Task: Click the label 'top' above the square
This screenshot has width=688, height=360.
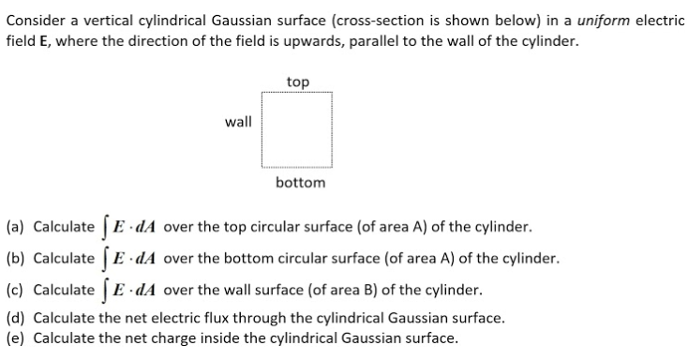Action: (298, 82)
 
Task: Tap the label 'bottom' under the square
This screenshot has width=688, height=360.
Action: (300, 183)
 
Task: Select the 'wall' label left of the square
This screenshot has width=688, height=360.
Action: (238, 121)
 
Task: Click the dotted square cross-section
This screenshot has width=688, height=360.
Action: (299, 132)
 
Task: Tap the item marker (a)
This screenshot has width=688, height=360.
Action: (15, 228)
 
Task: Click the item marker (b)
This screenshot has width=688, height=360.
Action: (15, 258)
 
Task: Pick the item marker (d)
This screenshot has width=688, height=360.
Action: (15, 318)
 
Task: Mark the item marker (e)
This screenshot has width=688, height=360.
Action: (15, 337)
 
